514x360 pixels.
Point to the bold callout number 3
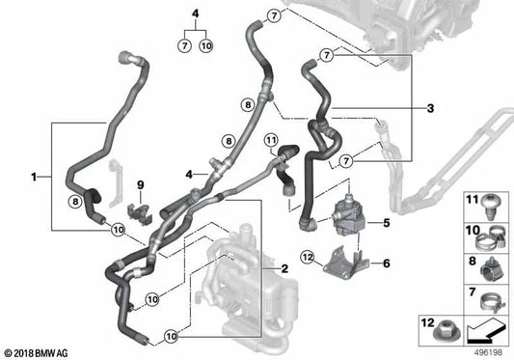(x=429, y=108)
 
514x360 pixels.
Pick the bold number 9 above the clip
(x=140, y=183)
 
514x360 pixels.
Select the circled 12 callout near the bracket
(x=308, y=257)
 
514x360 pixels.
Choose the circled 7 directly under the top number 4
(x=183, y=44)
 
